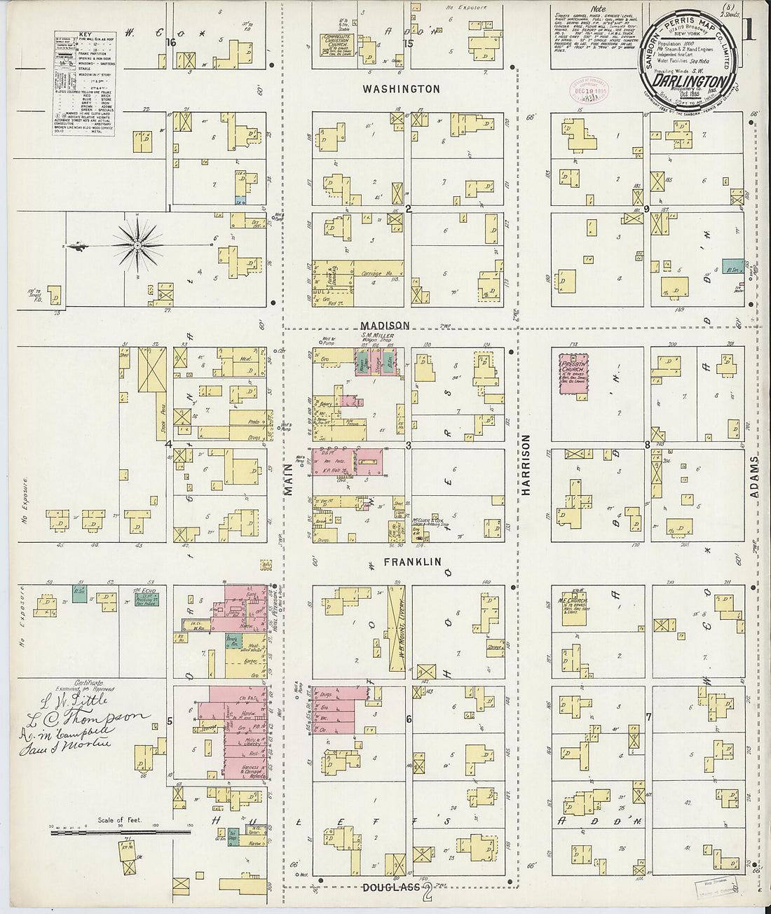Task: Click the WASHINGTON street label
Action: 401,89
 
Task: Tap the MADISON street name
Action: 385,326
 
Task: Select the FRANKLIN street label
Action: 412,562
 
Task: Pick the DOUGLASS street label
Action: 392,887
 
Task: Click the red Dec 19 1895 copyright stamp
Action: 589,90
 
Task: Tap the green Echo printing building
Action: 146,599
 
